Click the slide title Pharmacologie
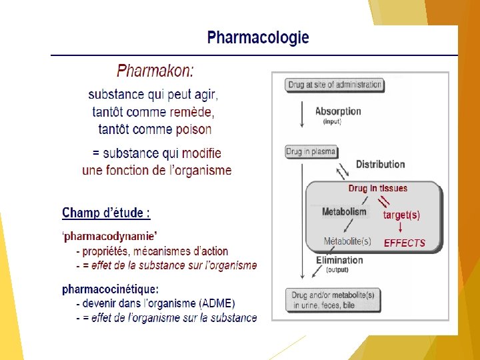click(x=258, y=37)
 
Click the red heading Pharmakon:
click(x=156, y=70)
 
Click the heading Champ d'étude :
click(x=106, y=213)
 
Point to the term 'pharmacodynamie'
click(x=110, y=236)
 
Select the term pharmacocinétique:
click(x=111, y=289)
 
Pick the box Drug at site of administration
click(x=335, y=85)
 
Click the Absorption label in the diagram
click(x=338, y=111)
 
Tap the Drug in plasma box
click(x=311, y=152)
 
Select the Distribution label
click(x=380, y=164)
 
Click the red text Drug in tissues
click(x=377, y=189)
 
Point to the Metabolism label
click(x=344, y=212)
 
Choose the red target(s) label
click(x=401, y=215)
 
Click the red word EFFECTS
click(x=404, y=243)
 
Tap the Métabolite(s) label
click(x=347, y=241)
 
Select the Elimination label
click(x=339, y=260)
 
